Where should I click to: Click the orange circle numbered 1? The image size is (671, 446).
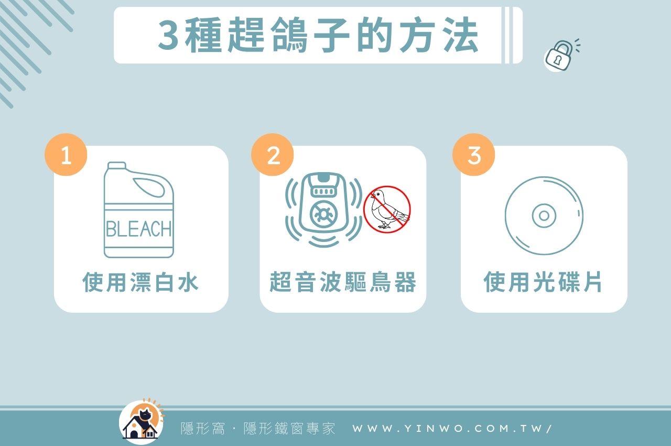(x=66, y=155)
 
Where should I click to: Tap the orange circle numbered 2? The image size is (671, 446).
(x=273, y=155)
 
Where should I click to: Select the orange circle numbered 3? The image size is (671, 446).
(x=473, y=155)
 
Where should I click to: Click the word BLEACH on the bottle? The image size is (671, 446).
(x=138, y=229)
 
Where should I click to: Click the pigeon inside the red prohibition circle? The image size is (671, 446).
(x=387, y=209)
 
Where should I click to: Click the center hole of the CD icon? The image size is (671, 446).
(x=544, y=216)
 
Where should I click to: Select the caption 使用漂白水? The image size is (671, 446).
(x=140, y=282)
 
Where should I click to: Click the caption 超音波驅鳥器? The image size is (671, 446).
(x=343, y=282)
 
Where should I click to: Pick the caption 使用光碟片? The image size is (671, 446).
(x=543, y=282)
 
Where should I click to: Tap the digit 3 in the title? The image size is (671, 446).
(x=169, y=36)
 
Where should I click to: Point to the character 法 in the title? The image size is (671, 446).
(x=459, y=36)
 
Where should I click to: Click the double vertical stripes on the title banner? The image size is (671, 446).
(x=507, y=35)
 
